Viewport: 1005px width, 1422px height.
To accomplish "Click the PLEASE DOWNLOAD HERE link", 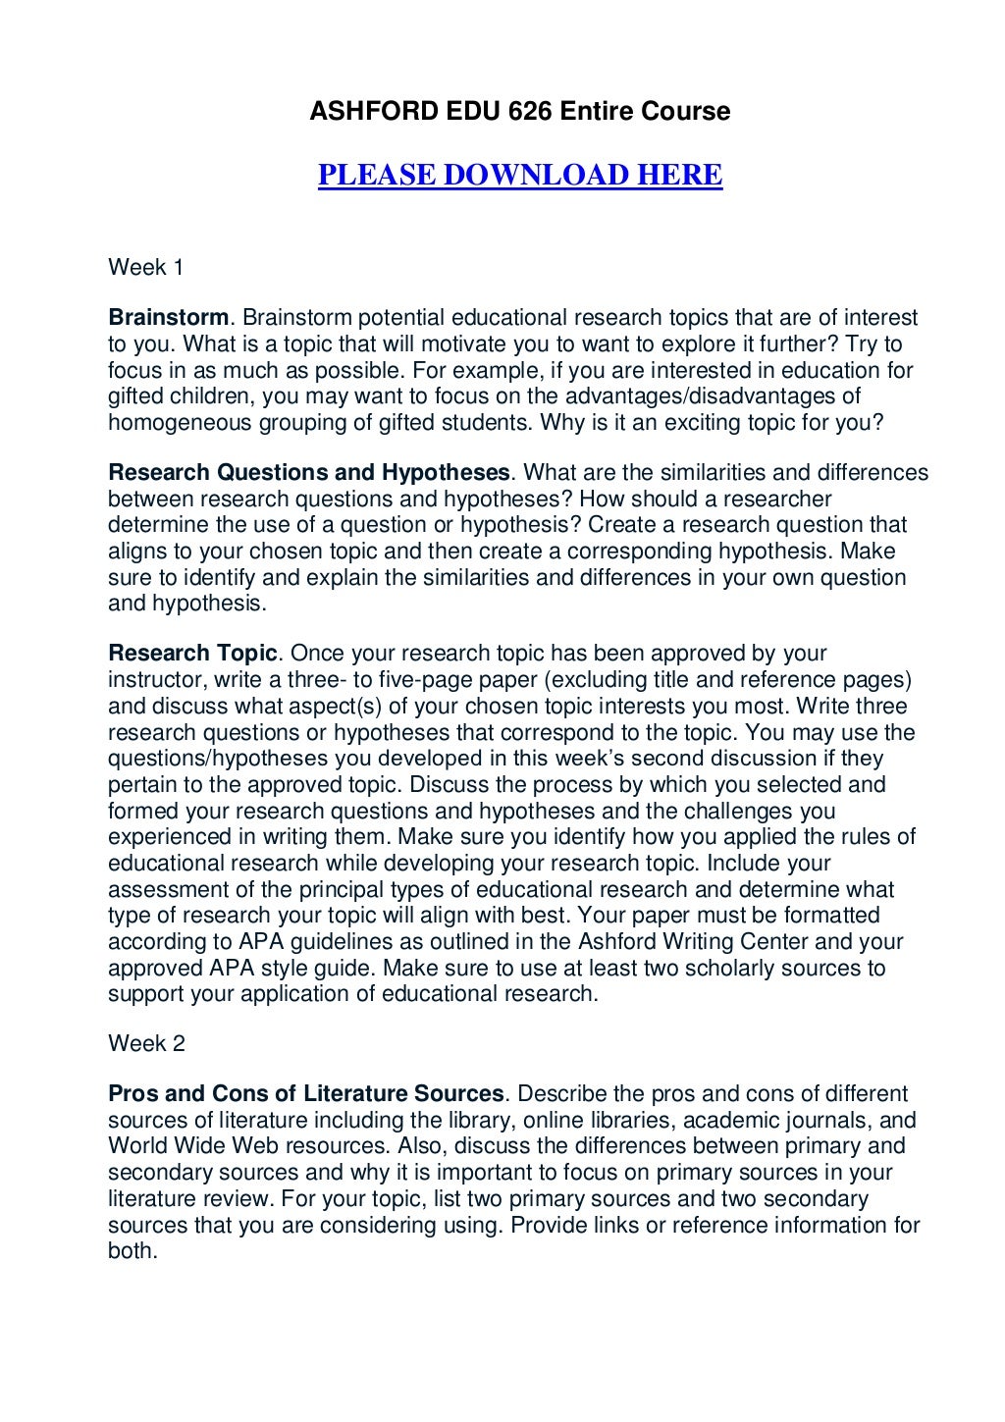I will [520, 175].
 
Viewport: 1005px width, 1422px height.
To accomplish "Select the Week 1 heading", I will [145, 267].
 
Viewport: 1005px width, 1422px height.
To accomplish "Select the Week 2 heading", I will [146, 1043].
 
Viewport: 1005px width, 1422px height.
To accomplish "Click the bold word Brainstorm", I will [168, 318].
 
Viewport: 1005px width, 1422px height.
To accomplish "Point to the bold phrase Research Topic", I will [192, 654].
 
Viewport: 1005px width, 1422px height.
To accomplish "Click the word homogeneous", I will [180, 423].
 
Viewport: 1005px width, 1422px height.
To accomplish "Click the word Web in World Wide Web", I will [256, 1146].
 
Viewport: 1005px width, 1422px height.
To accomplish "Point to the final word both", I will [132, 1251].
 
